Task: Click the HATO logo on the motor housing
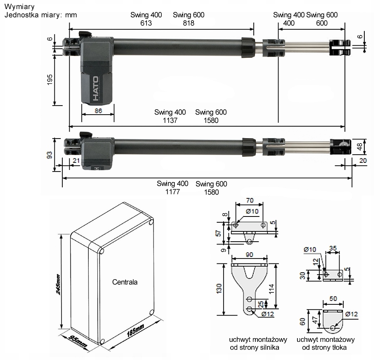coord(95,89)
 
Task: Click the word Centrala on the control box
coord(125,282)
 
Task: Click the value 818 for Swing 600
coord(189,24)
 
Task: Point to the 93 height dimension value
coord(50,155)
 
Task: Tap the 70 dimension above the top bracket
coord(250,200)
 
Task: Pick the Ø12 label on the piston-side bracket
coord(351,314)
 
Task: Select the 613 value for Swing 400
coord(146,24)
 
